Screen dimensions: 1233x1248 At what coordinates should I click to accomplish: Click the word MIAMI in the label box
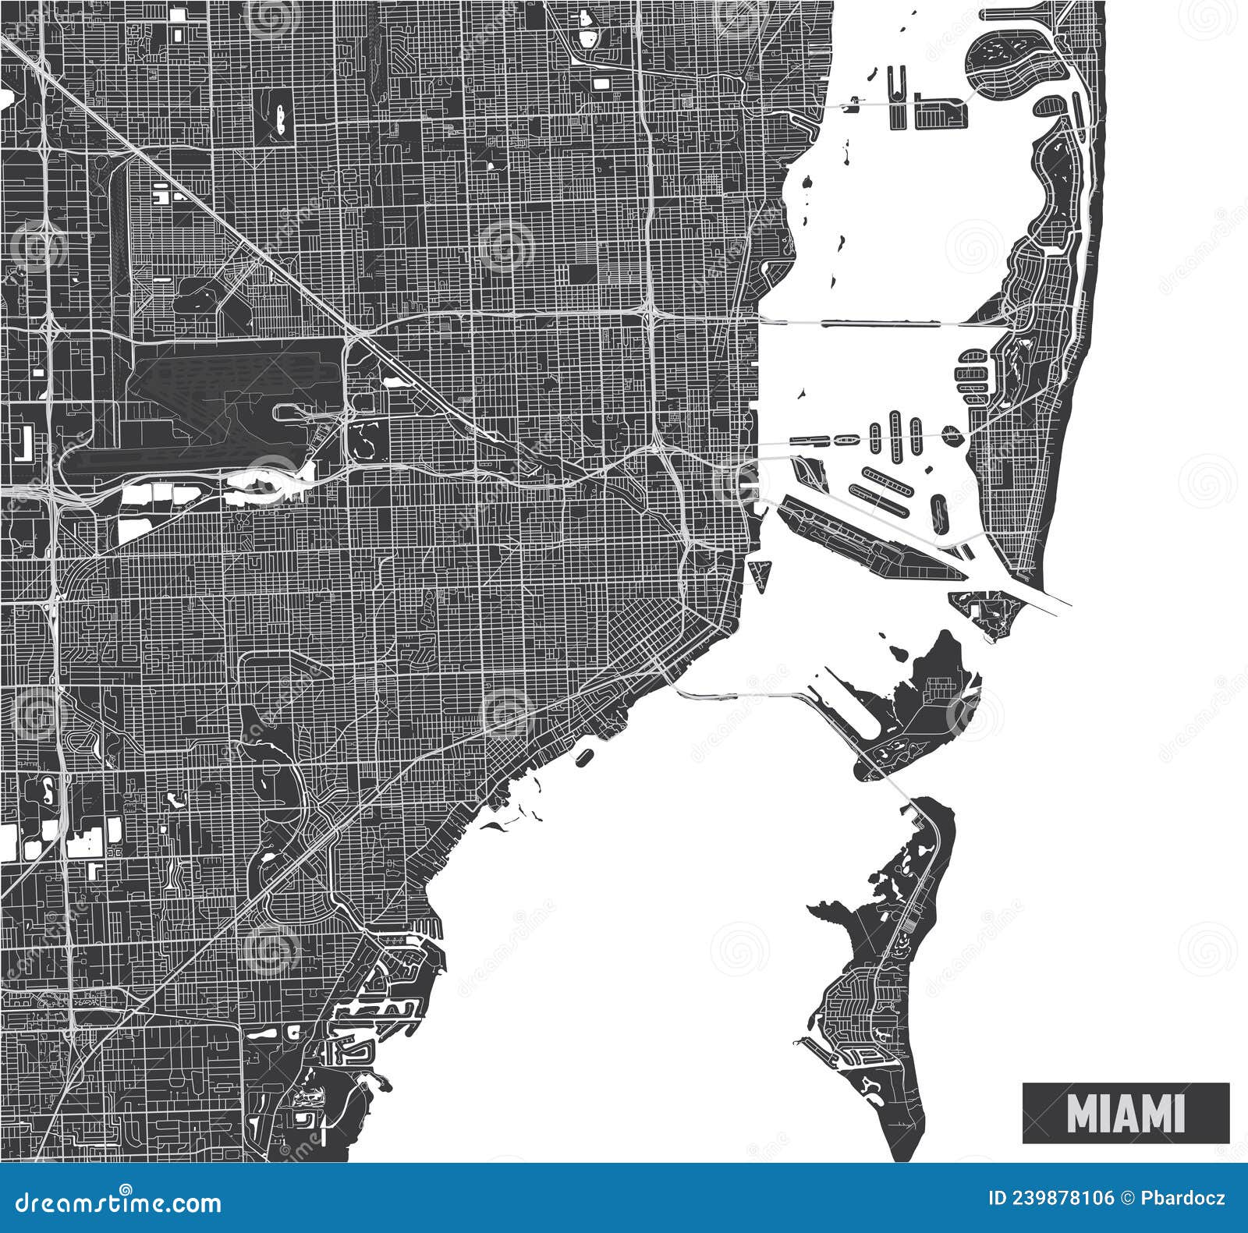point(1126,1113)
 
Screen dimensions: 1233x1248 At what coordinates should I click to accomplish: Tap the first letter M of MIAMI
point(1080,1113)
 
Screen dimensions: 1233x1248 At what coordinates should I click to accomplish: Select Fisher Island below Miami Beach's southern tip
point(987,608)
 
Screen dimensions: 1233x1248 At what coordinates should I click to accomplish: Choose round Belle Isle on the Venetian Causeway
point(951,434)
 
